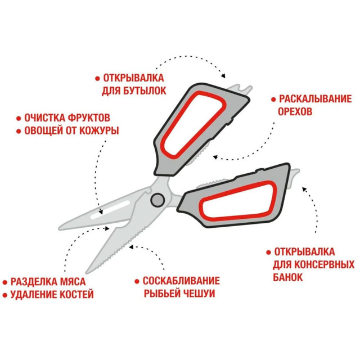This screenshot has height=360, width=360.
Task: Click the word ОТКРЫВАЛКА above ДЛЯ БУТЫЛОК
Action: pyautogui.click(x=133, y=78)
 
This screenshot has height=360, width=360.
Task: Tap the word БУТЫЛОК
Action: pyautogui.click(x=145, y=91)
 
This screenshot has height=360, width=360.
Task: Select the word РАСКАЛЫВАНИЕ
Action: pyautogui.click(x=315, y=99)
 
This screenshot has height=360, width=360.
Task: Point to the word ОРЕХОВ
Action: pyautogui.click(x=295, y=111)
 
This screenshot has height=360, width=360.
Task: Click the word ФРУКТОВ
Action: pyautogui.click(x=89, y=118)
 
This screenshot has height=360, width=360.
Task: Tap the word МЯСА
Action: pyautogui.click(x=73, y=282)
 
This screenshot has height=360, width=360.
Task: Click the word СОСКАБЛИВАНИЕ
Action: pyautogui.click(x=181, y=281)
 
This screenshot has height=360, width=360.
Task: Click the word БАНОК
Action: pyautogui.click(x=288, y=277)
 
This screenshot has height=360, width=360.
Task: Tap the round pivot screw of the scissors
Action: pyautogui.click(x=157, y=200)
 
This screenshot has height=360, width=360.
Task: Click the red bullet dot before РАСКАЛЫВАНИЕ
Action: pyautogui.click(x=273, y=100)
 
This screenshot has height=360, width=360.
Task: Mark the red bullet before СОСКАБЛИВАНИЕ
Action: pyautogui.click(x=137, y=281)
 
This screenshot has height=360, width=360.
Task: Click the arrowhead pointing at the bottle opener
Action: pyautogui.click(x=223, y=76)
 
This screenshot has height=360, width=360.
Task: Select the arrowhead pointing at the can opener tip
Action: pyautogui.click(x=304, y=190)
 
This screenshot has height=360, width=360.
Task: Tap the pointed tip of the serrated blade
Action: pyautogui.click(x=87, y=273)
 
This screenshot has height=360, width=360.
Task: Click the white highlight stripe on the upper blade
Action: pyautogui.click(x=111, y=210)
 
